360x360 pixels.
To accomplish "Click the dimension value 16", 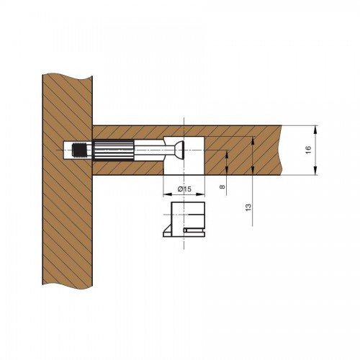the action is (309, 150).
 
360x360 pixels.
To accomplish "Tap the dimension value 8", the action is (222, 186).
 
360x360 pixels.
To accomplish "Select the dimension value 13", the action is (248, 207).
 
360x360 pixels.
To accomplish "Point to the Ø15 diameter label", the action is (184, 189).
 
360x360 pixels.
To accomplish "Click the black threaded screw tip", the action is (79, 150).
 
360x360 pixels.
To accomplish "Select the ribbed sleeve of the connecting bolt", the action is (113, 150).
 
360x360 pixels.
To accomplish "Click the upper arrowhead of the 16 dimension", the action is (315, 131).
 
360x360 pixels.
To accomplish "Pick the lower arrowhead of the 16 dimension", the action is (315, 170).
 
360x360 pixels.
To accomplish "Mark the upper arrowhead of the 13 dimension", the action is (253, 142).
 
